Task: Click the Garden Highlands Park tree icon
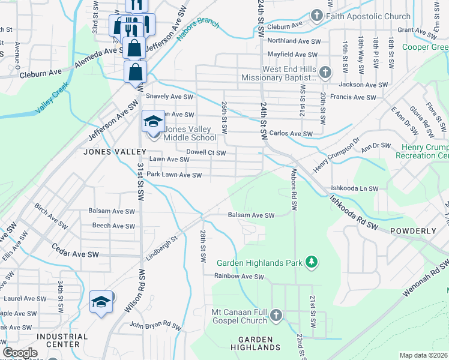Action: (311, 262)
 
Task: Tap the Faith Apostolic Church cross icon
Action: (318, 16)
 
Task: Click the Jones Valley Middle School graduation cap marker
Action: (152, 122)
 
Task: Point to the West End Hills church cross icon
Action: (325, 73)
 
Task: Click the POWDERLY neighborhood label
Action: (413, 230)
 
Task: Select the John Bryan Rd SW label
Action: (155, 328)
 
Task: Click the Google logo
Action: (20, 353)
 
